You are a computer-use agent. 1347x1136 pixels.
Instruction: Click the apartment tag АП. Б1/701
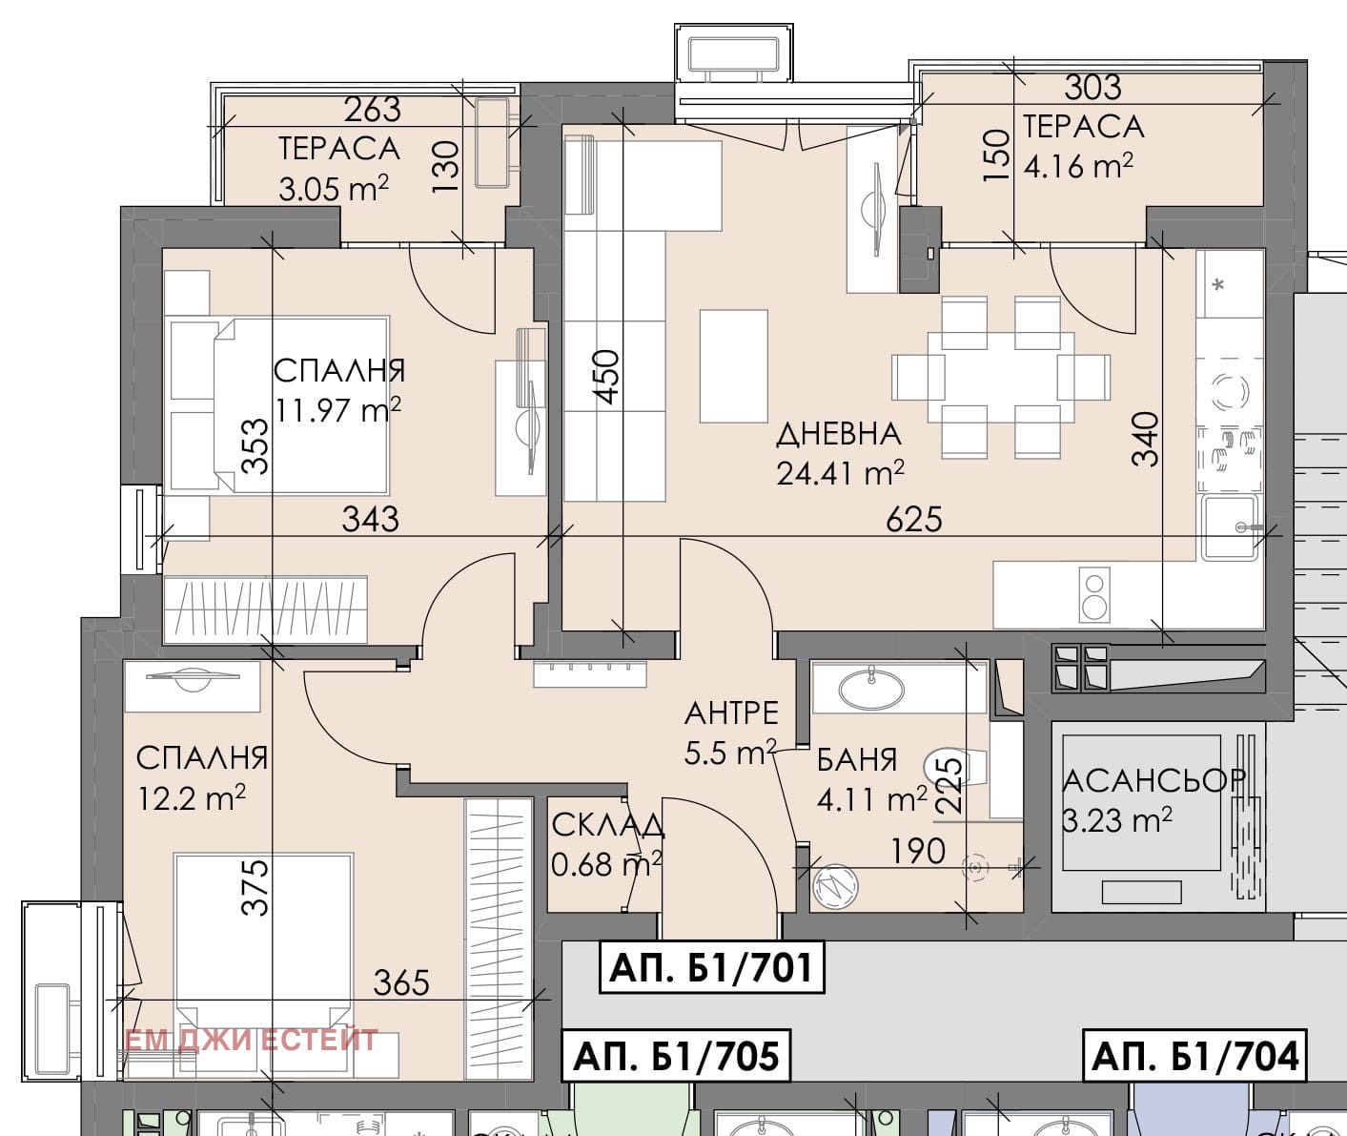[x=711, y=969]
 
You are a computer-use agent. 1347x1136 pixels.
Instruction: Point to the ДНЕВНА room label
[x=839, y=434]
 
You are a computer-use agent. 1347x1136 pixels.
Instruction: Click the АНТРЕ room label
[x=731, y=713]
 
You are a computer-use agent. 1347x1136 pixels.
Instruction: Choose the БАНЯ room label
[x=857, y=759]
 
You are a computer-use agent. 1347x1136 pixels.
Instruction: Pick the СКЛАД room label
[x=607, y=825]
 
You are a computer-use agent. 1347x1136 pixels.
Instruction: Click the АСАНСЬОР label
[x=1154, y=781]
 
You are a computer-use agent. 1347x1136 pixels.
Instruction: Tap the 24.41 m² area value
[x=840, y=474]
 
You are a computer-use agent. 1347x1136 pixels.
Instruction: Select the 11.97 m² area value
[x=338, y=409]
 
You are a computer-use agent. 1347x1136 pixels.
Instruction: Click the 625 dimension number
[x=914, y=519]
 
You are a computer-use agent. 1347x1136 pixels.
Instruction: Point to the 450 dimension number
[x=606, y=377]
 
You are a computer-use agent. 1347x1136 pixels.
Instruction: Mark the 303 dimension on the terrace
[x=1092, y=88]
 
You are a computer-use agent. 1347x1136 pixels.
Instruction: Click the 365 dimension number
[x=401, y=983]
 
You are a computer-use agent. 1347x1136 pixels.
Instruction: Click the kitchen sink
[x=1229, y=527]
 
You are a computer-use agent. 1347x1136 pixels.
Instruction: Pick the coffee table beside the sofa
[x=733, y=366]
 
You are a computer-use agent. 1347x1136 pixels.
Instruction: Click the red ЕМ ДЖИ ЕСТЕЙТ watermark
[x=251, y=1040]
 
